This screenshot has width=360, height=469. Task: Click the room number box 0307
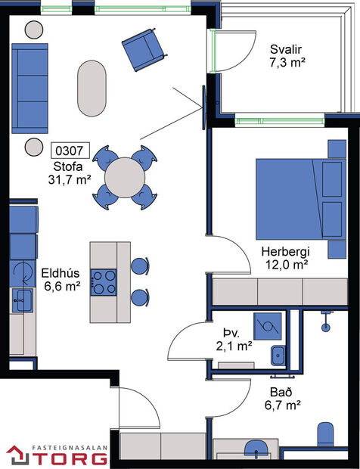pos(70,151)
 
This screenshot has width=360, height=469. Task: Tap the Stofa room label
pos(68,166)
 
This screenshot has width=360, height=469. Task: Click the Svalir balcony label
pos(287,51)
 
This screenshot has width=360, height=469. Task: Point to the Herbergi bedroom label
pos(284,251)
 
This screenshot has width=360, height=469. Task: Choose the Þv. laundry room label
pos(231,332)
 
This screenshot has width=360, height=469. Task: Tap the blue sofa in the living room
pos(32,77)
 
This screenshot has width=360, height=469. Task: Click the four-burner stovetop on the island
pos(104,281)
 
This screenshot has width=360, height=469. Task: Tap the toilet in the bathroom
pos(324,434)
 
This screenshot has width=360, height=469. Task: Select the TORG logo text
pos(67,457)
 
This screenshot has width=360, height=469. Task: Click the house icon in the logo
pos(17,455)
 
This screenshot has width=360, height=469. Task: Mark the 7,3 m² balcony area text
pos(287,64)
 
